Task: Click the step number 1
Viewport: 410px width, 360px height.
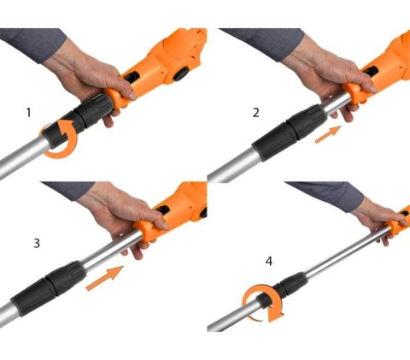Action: click(x=28, y=113)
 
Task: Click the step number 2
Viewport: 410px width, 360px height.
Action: click(x=256, y=113)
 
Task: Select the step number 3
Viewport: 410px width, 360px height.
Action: click(x=37, y=244)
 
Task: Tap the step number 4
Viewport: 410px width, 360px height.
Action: click(x=269, y=261)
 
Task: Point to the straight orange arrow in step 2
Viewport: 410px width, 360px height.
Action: click(x=328, y=134)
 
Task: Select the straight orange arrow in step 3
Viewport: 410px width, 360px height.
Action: click(x=105, y=278)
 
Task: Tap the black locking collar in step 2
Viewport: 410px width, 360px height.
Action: click(x=289, y=133)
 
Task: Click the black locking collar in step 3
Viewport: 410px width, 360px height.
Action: click(x=49, y=288)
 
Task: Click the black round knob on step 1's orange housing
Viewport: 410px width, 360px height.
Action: click(x=180, y=74)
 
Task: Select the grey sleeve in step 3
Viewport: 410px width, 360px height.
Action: click(x=68, y=190)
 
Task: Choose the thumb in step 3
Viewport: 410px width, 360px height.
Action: click(x=155, y=220)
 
